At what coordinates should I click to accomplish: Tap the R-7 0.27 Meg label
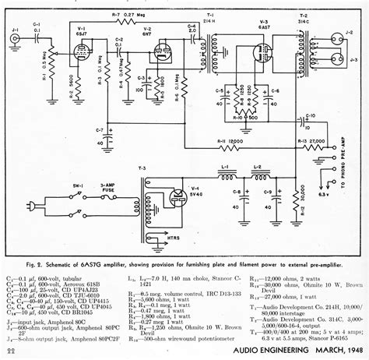(x=125, y=15)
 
